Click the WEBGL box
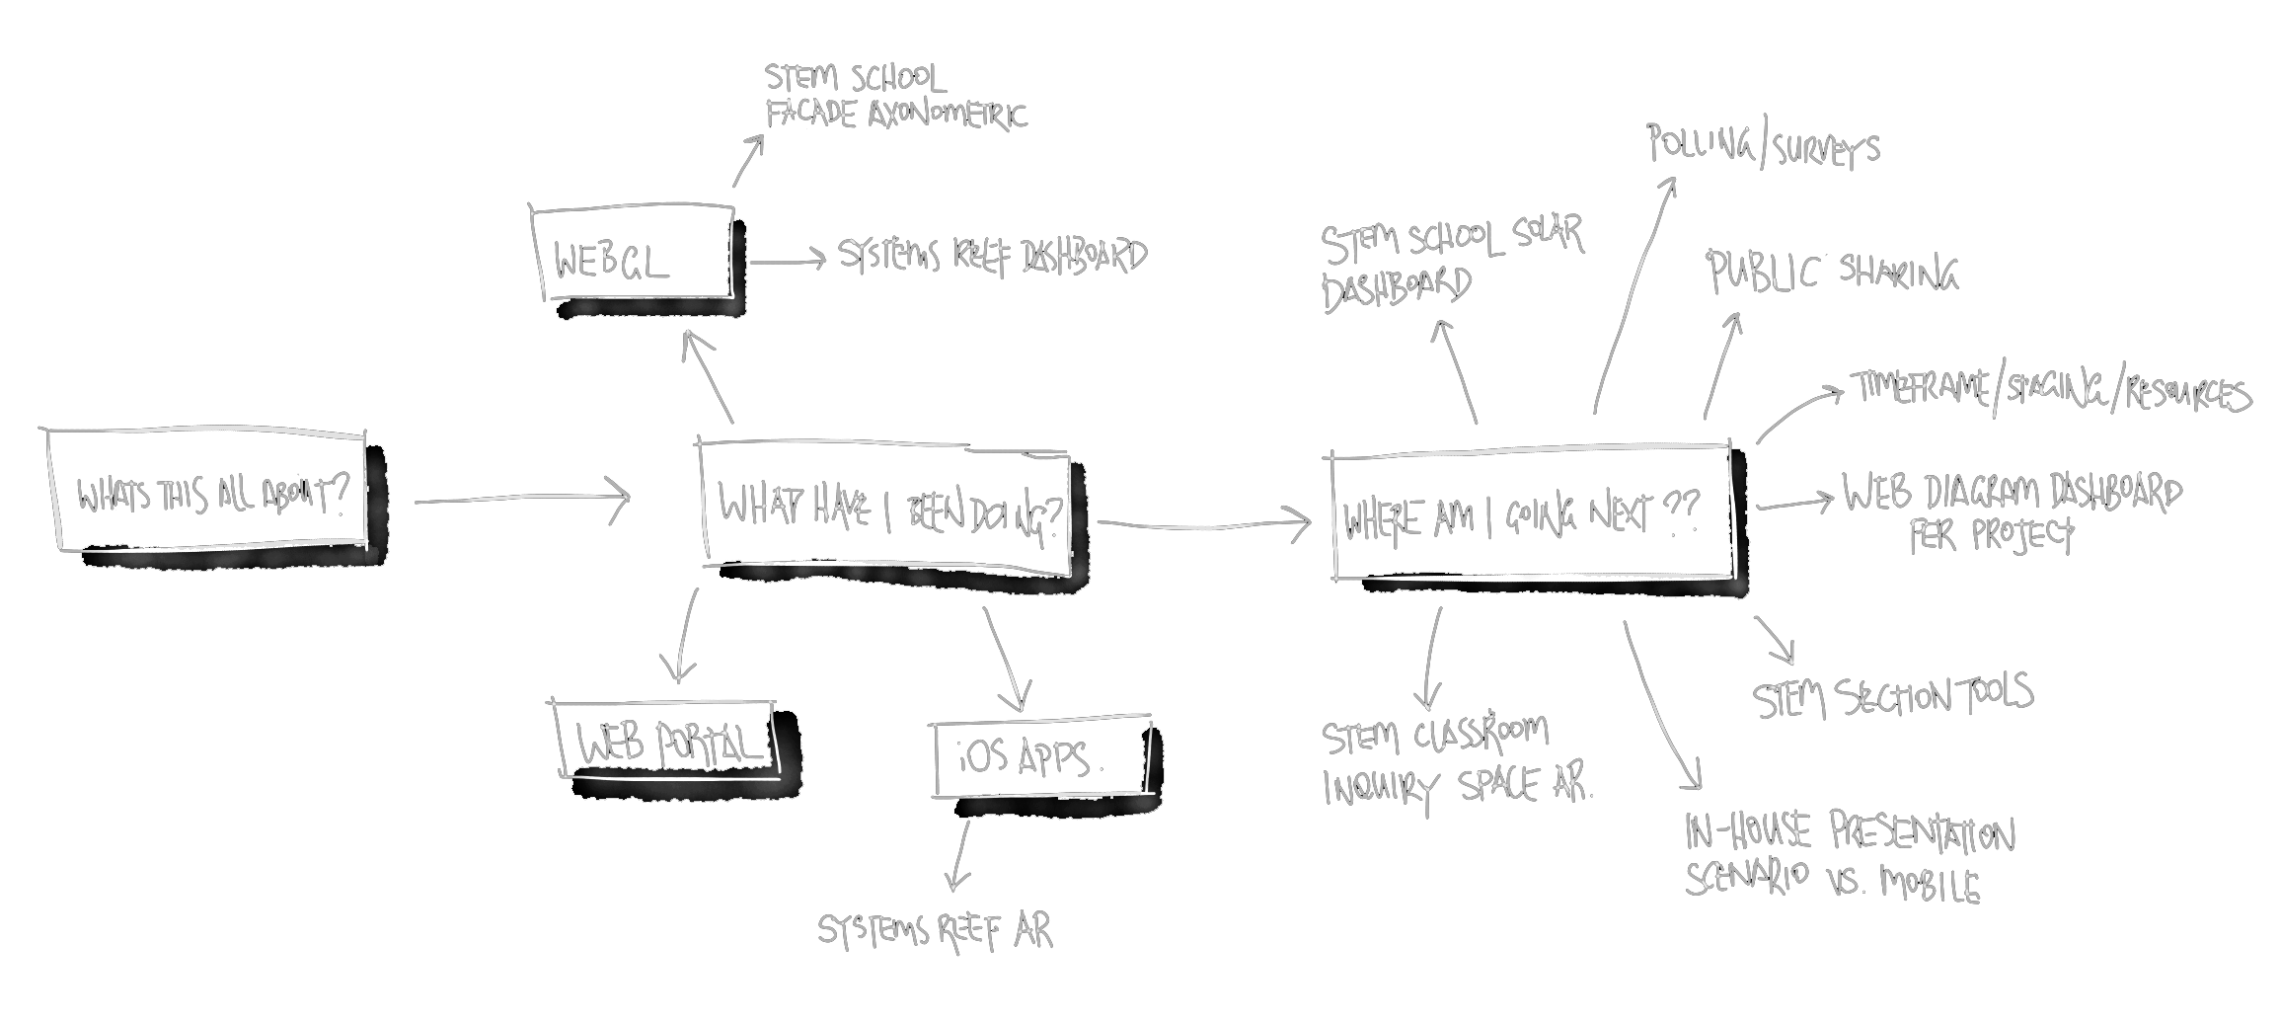click(632, 253)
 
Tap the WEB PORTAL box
click(667, 741)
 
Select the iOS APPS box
click(1042, 756)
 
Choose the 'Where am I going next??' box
click(1532, 513)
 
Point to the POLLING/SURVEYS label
click(1763, 146)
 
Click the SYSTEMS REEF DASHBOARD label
click(992, 256)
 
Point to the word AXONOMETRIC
click(948, 115)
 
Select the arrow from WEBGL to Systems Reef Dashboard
click(788, 261)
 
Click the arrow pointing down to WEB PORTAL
click(684, 637)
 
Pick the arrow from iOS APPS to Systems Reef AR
click(958, 855)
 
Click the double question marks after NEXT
click(1682, 511)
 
